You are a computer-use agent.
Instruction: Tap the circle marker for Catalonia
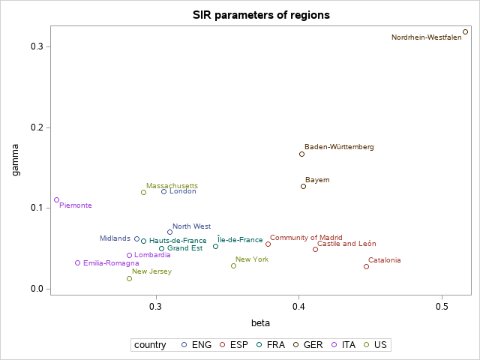click(366, 266)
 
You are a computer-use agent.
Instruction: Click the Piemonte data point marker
click(56, 200)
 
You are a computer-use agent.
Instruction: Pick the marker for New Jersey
click(129, 278)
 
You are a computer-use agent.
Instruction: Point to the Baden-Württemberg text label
click(339, 147)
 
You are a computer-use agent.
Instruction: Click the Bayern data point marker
click(303, 186)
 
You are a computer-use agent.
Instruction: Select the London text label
click(183, 191)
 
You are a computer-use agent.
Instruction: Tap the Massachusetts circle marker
click(143, 192)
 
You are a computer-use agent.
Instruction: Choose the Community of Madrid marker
click(268, 244)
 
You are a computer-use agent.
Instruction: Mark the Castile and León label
click(346, 244)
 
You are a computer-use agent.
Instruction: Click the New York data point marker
click(233, 265)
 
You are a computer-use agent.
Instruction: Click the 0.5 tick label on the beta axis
click(442, 307)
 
